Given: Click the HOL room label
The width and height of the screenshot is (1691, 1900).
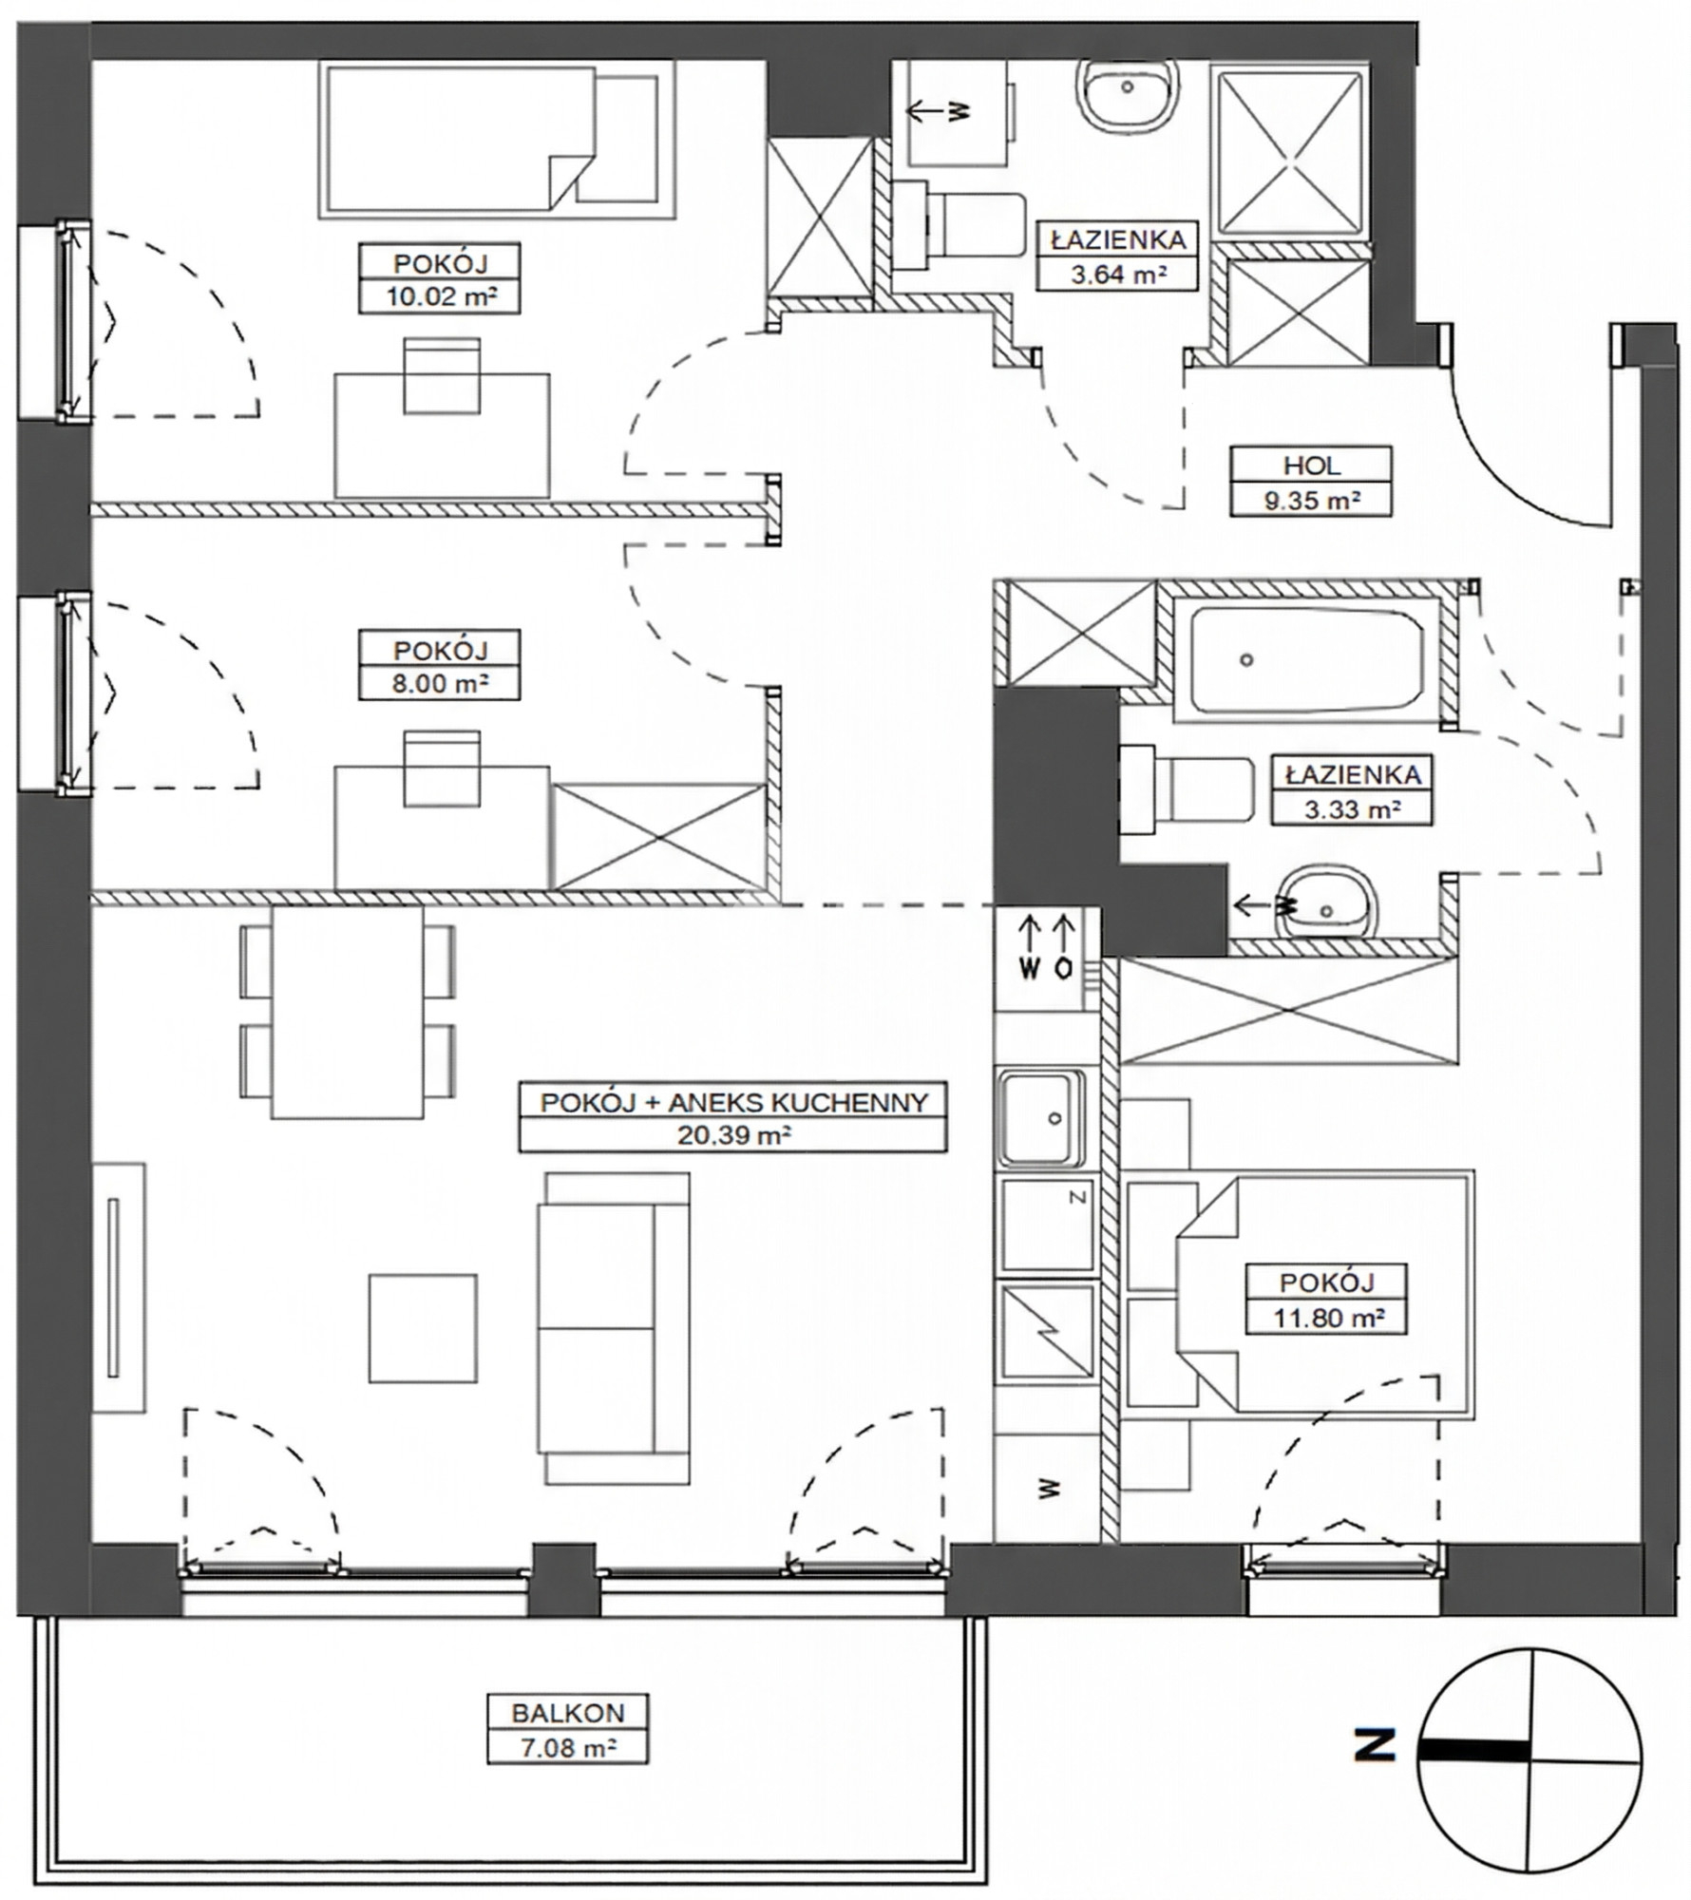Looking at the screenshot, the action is (x=1311, y=465).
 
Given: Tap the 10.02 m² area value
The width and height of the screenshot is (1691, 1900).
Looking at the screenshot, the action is (x=440, y=295).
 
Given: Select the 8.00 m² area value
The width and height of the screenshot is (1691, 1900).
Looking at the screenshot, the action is (x=440, y=682).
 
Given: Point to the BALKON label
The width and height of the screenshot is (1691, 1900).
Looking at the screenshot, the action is (x=568, y=1713).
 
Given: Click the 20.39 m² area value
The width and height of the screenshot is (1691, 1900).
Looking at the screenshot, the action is (x=733, y=1134).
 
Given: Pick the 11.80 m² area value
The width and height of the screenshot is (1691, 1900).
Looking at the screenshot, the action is (x=1327, y=1318).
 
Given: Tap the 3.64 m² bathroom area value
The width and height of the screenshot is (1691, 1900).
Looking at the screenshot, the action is (x=1118, y=275).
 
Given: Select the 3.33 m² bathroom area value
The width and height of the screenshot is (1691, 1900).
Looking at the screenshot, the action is (x=1353, y=809).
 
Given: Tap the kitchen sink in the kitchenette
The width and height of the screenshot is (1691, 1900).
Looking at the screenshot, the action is (x=1040, y=1118).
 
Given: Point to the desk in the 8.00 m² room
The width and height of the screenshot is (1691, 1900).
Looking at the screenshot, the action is (x=442, y=827).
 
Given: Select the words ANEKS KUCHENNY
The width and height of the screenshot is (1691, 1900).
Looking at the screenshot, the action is (x=798, y=1102).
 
